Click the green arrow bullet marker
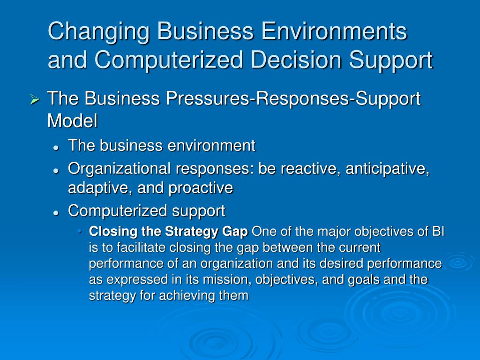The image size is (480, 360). (35, 99)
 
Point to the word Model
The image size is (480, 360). (72, 120)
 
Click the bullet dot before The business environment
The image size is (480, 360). (56, 148)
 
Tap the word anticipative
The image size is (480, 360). (388, 169)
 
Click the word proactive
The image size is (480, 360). (201, 188)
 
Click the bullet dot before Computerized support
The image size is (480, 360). (56, 213)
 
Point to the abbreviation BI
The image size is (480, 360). (438, 232)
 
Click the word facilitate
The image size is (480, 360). (144, 247)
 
